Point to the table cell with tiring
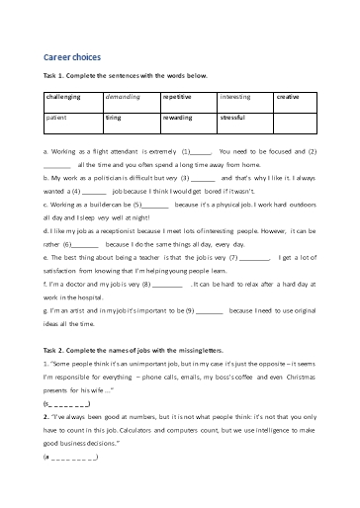pyautogui.click(x=114, y=117)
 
